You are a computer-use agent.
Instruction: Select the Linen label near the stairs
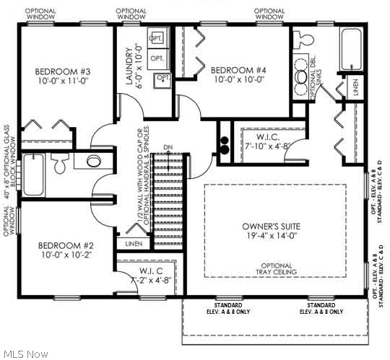coord(133,245)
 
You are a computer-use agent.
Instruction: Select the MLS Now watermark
coord(25,354)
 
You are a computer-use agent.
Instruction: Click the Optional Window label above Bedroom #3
coord(40,14)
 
